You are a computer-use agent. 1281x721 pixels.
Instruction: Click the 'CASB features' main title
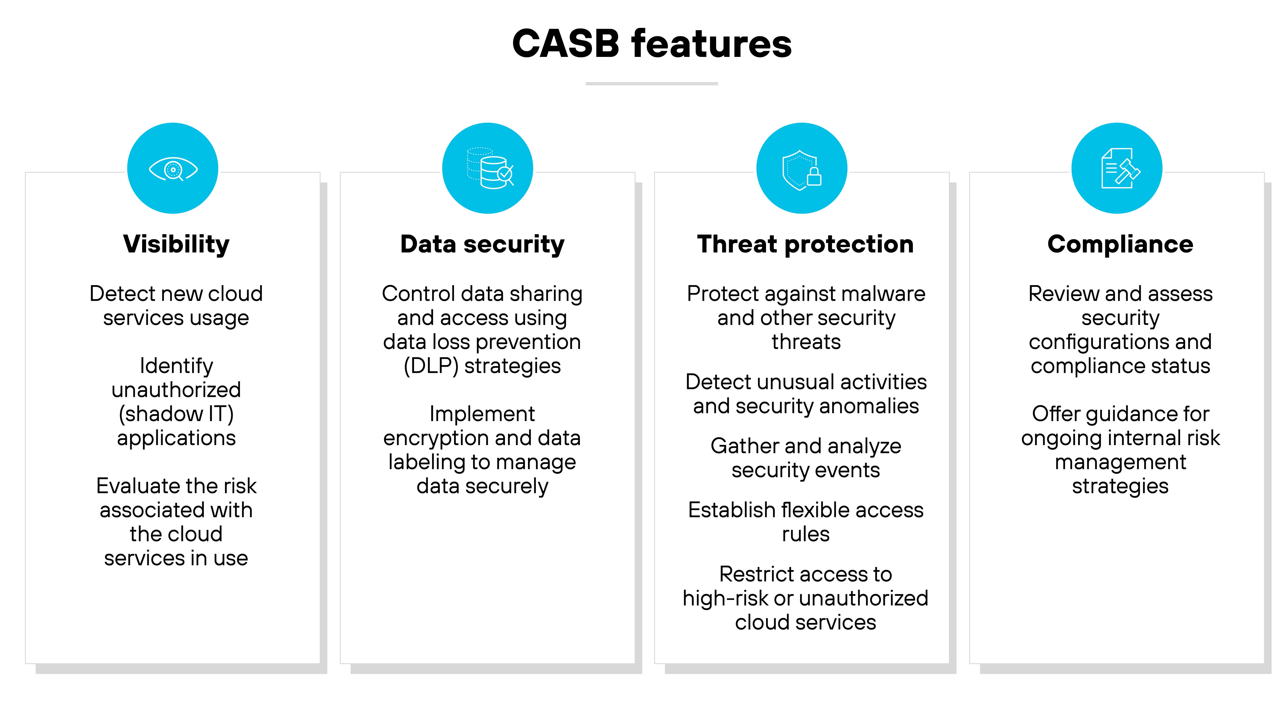click(x=652, y=44)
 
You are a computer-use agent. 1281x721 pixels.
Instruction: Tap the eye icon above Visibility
click(x=173, y=169)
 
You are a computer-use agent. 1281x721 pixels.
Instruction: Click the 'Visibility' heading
click(x=176, y=244)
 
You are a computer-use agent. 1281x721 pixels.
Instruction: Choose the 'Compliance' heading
click(x=1120, y=244)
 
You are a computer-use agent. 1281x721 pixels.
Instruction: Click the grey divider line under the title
click(x=652, y=84)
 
